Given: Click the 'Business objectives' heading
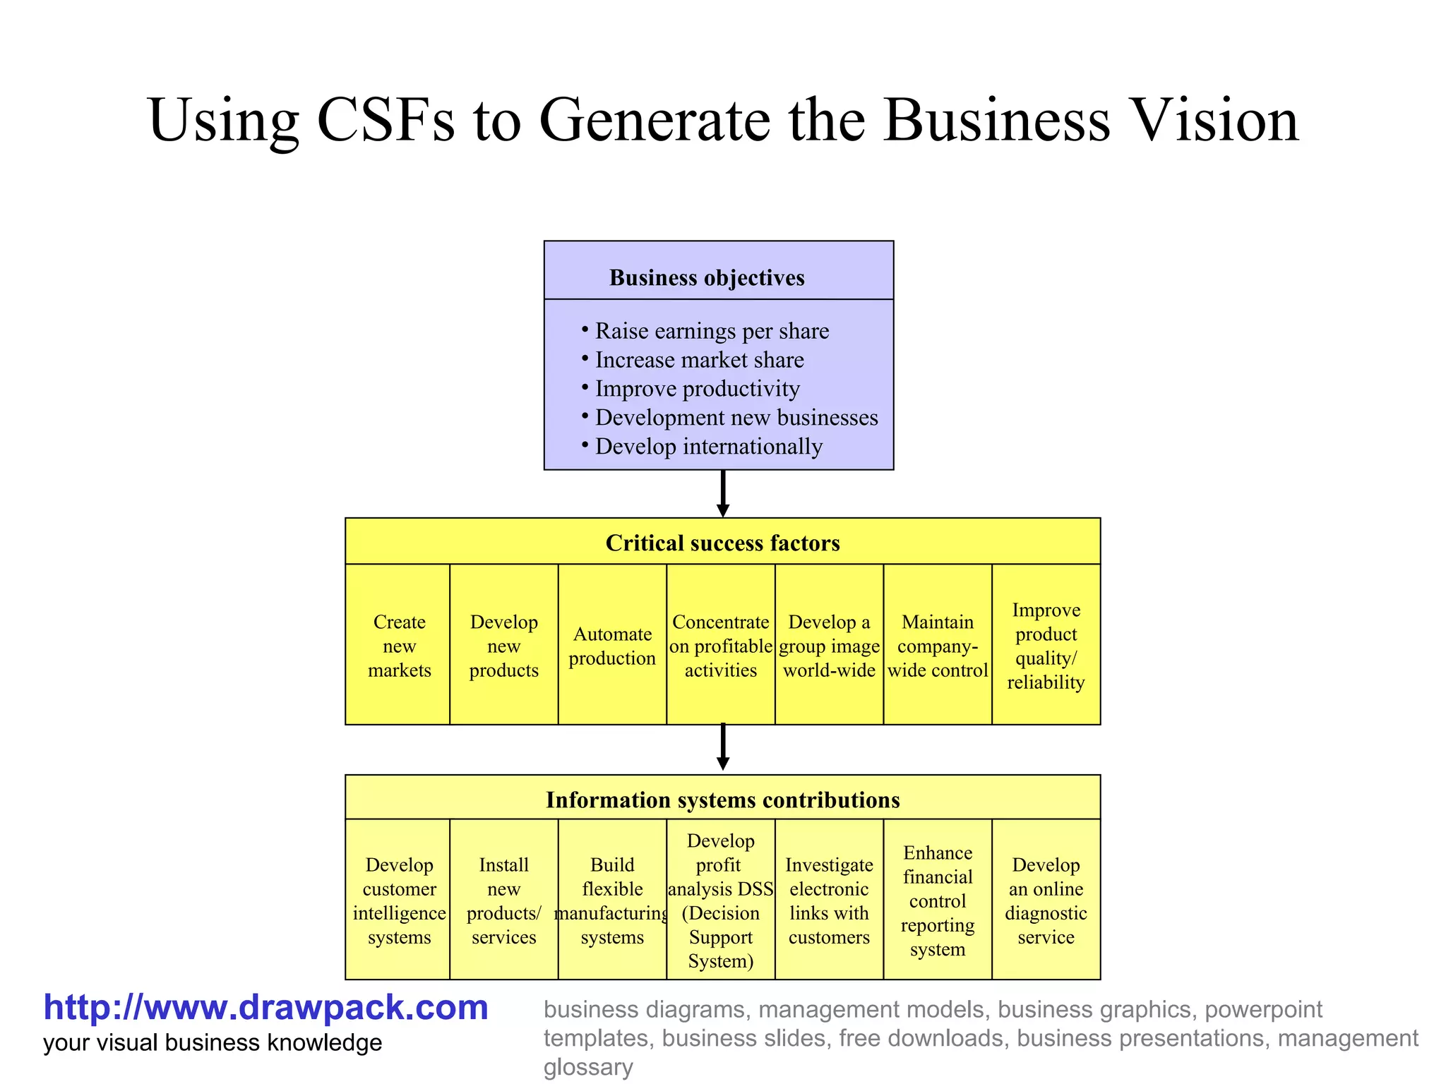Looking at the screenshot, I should (x=707, y=277).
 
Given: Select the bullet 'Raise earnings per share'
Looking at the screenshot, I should (x=711, y=331).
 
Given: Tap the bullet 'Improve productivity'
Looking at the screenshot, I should (x=697, y=389).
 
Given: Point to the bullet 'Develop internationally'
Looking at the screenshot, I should (x=708, y=447).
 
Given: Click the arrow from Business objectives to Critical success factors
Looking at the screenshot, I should (x=722, y=493).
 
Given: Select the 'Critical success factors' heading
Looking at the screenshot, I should (x=722, y=543).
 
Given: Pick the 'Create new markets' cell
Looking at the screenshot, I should (x=399, y=645).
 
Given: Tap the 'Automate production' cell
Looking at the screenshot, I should (x=612, y=645).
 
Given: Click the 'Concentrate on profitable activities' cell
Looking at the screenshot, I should (x=720, y=645).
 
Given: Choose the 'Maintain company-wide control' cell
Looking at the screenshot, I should (x=937, y=645).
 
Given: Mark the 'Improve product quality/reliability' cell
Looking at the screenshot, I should (x=1046, y=645).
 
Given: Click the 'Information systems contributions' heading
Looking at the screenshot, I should (x=722, y=800).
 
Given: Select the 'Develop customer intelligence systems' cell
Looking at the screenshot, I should (x=399, y=901).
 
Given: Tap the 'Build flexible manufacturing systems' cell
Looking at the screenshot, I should (x=612, y=901).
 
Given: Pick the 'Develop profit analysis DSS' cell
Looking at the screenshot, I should (x=720, y=901).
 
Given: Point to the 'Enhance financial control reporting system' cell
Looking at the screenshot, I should (x=937, y=901).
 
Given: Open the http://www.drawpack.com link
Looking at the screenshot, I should (x=265, y=1007).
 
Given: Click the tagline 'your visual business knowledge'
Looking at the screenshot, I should (x=213, y=1043).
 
